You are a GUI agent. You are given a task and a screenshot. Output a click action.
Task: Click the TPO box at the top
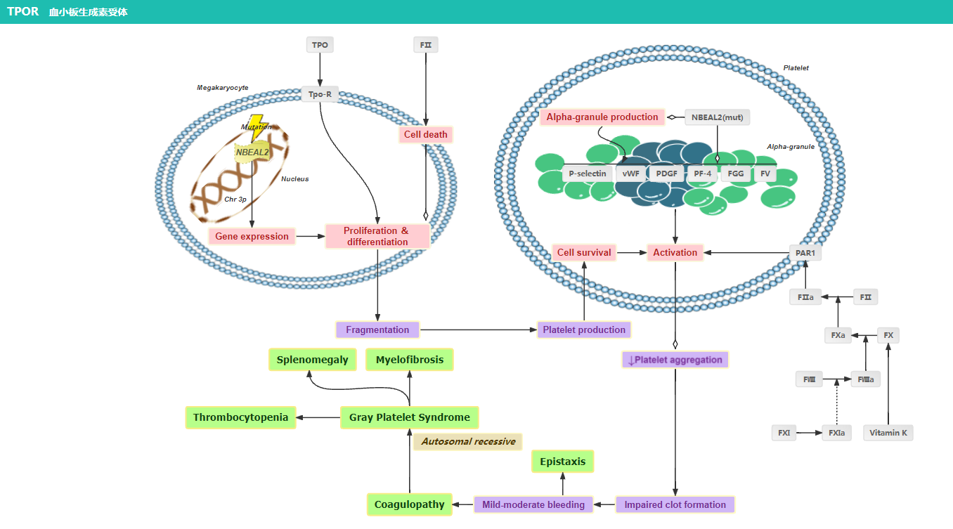click(x=320, y=45)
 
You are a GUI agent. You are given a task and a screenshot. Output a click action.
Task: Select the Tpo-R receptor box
click(x=320, y=93)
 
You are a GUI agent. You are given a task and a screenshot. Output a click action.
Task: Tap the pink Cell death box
click(x=425, y=134)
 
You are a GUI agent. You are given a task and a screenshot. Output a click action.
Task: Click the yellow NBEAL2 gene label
click(x=252, y=152)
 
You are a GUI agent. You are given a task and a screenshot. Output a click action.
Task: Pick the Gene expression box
click(x=252, y=236)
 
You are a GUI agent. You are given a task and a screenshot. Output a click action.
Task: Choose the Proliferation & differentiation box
click(x=377, y=236)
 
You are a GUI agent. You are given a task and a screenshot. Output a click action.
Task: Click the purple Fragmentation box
click(x=377, y=329)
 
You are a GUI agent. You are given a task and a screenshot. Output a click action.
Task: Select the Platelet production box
click(x=584, y=329)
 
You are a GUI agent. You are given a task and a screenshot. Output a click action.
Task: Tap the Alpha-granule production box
click(x=602, y=117)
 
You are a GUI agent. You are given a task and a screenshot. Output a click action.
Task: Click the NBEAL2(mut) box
click(x=717, y=117)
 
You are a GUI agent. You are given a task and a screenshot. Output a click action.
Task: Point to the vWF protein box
click(x=630, y=174)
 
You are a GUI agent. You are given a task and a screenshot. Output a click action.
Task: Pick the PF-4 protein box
click(x=702, y=174)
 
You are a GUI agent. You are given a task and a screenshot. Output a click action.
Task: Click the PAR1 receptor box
click(x=805, y=253)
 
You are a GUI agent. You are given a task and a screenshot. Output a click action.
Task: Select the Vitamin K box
click(x=888, y=433)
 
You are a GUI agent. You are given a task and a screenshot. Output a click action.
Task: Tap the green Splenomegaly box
click(x=312, y=360)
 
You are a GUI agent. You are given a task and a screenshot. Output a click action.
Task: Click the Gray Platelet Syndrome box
click(x=409, y=417)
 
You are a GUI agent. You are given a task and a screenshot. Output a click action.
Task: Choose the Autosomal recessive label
click(x=468, y=441)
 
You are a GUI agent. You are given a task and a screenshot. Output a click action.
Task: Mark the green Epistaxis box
click(x=562, y=462)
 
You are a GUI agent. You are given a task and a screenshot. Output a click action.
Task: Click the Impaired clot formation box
click(x=675, y=504)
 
